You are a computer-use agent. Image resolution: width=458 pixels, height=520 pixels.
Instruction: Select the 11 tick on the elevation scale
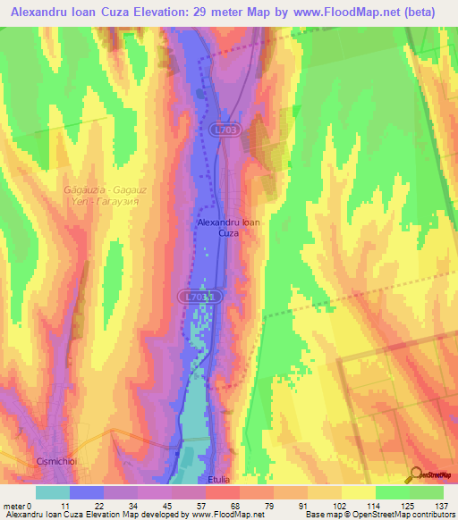(x=65, y=505)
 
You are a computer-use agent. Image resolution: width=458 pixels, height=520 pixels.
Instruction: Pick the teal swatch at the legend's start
(x=52, y=492)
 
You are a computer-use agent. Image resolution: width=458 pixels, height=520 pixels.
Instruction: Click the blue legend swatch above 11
(x=86, y=492)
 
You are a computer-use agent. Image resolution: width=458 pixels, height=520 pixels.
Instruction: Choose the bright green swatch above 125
(x=392, y=492)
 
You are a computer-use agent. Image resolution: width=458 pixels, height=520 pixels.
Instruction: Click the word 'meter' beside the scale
(x=15, y=505)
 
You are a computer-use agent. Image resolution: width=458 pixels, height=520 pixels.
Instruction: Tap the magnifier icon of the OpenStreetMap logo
(x=416, y=474)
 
